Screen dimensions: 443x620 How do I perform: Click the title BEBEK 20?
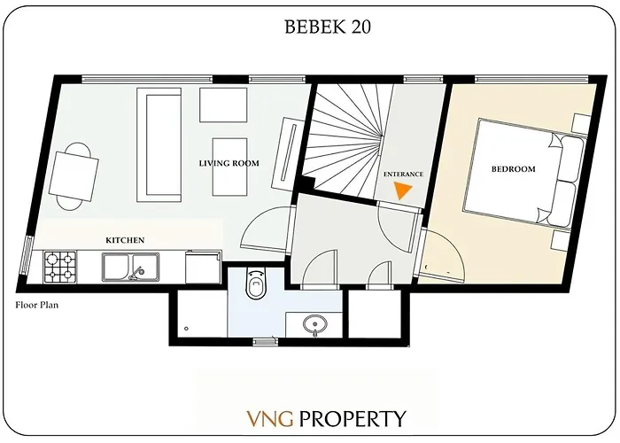(x=327, y=27)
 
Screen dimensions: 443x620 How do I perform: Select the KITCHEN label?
(x=125, y=240)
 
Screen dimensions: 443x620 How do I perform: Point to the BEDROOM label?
(x=513, y=168)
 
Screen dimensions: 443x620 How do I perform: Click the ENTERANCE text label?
(x=403, y=174)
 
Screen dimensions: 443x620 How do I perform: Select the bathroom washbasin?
(x=314, y=324)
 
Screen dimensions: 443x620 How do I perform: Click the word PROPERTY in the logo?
(x=352, y=418)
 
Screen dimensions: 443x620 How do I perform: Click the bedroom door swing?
(x=442, y=253)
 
